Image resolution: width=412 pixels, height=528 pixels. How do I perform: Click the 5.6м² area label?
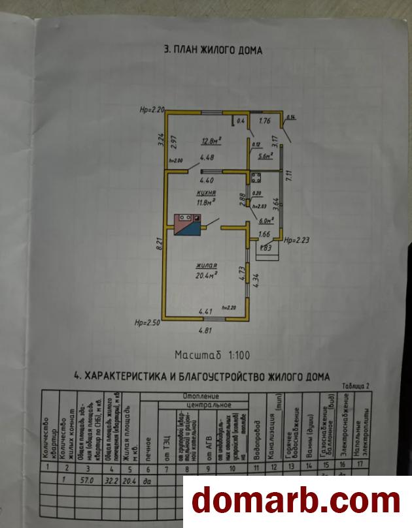pos(265,155)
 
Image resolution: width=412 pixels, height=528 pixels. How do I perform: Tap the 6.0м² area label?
pos(266,220)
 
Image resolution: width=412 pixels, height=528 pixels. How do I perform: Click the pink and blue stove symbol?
pos(188,225)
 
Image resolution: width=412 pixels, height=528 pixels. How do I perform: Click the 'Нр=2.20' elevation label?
pos(151,110)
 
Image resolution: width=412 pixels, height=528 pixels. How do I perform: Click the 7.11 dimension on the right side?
pos(288,176)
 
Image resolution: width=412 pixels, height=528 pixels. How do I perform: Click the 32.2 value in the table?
pos(113,480)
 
